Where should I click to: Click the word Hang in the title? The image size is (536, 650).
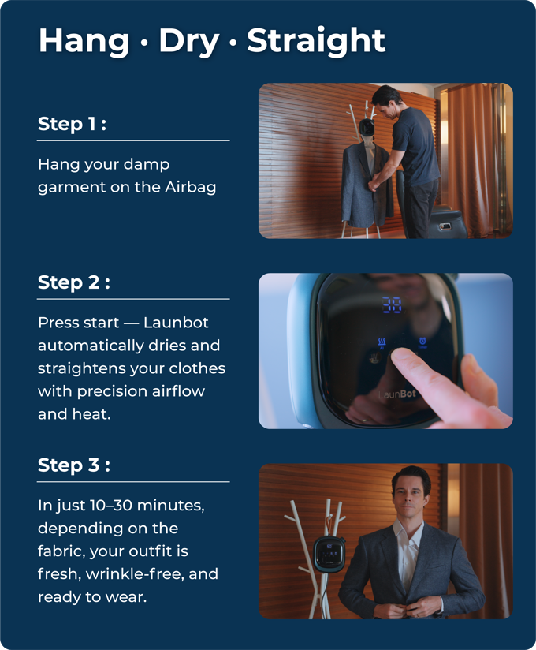point(84,42)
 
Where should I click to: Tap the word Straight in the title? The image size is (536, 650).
point(316,41)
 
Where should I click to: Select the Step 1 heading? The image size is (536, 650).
point(72,124)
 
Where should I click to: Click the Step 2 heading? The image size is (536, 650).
point(74,282)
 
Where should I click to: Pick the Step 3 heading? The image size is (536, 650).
point(74,465)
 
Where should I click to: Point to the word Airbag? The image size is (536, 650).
point(191,188)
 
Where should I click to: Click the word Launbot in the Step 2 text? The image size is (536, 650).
point(176,323)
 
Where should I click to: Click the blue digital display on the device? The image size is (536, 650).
point(392,304)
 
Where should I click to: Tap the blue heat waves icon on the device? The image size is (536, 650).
point(382,342)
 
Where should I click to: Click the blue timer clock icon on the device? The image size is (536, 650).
point(422,342)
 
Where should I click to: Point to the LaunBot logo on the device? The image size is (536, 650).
point(396,394)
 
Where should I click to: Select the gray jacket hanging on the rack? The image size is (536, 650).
point(367,185)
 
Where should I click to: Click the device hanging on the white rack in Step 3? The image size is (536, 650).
point(329,554)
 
